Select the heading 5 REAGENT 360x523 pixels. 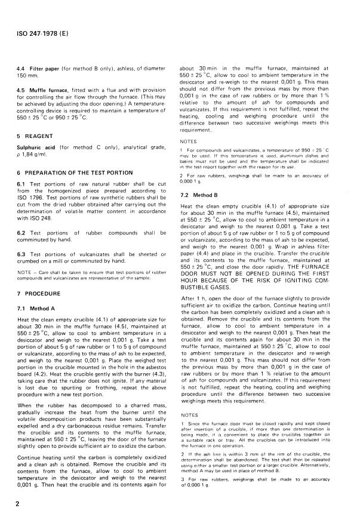pos(33,135)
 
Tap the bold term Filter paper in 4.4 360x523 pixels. pos(38,70)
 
